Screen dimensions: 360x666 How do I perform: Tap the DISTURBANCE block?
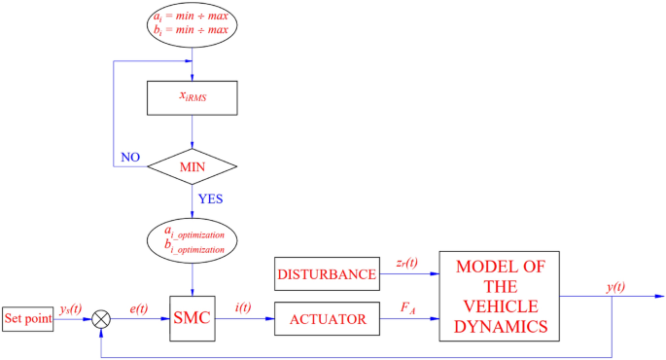coord(327,275)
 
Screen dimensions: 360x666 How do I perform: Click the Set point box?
coord(27,318)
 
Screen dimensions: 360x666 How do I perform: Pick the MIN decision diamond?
coord(192,166)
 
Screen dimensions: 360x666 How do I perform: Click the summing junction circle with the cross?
coord(100,318)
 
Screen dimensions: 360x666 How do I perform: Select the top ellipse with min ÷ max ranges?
coord(192,27)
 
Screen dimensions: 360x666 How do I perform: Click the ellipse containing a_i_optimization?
coord(192,241)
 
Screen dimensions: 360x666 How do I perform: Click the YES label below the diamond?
coord(211,199)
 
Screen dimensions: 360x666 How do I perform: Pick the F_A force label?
coord(408,308)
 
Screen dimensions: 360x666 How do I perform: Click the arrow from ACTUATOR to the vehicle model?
coord(408,318)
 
